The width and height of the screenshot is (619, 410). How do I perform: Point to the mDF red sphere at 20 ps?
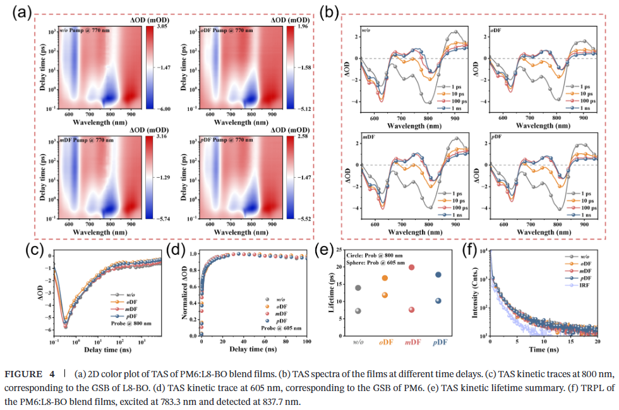(411, 267)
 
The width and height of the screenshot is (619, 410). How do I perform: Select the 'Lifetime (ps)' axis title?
(330, 294)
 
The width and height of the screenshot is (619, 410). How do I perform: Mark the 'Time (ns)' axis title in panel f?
(547, 349)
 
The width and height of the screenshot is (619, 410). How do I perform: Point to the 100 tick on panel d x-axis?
(307, 343)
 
